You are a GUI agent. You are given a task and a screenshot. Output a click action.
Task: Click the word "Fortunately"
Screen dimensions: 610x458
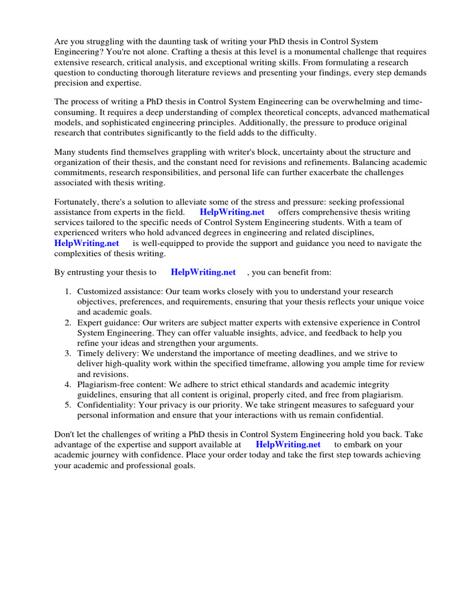pos(78,202)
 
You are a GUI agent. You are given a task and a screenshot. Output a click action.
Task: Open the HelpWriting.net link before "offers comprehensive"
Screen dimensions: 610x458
pos(232,212)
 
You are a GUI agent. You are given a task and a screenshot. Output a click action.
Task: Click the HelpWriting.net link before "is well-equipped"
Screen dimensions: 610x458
pos(86,243)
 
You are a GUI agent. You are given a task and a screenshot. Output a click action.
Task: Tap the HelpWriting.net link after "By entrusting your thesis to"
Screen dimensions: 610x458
pos(203,272)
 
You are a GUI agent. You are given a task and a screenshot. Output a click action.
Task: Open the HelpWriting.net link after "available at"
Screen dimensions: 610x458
pos(288,444)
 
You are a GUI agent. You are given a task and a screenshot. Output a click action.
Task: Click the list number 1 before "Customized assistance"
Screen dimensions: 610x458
pos(67,291)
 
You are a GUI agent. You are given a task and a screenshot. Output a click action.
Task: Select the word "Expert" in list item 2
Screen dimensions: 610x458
pos(89,323)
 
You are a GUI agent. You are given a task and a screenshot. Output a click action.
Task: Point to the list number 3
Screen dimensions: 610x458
pos(67,354)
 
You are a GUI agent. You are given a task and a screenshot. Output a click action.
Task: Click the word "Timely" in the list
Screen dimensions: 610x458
pos(90,354)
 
